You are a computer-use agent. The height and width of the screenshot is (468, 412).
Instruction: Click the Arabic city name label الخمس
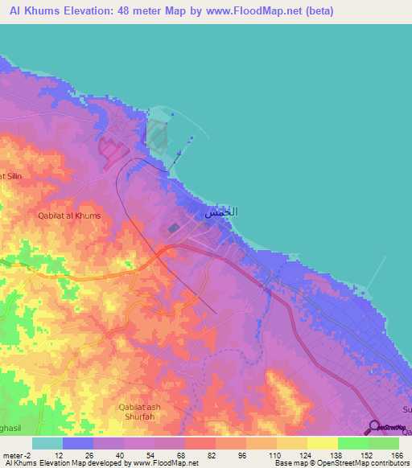point(220,212)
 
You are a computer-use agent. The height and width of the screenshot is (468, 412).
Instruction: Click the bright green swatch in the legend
point(352,443)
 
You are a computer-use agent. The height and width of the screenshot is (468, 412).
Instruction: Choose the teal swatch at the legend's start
point(47,443)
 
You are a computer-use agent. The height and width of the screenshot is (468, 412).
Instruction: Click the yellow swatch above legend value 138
point(322,443)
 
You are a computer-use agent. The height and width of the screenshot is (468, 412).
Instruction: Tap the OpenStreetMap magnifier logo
point(375,428)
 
